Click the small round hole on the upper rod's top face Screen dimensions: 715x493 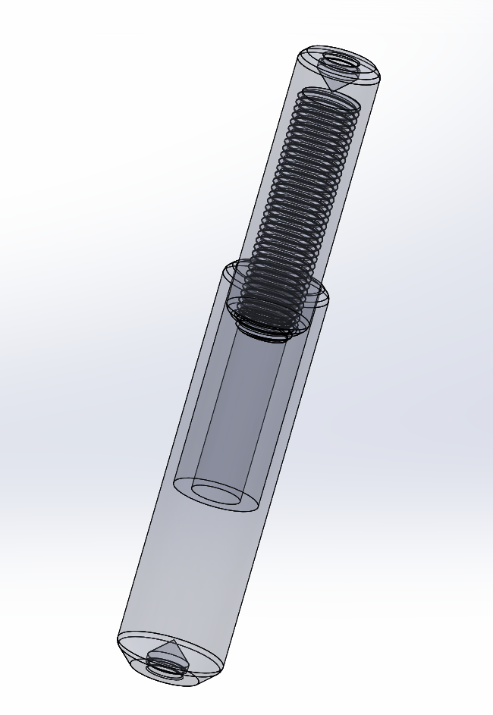tap(340, 60)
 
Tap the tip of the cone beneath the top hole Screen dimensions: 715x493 tap(331, 91)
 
